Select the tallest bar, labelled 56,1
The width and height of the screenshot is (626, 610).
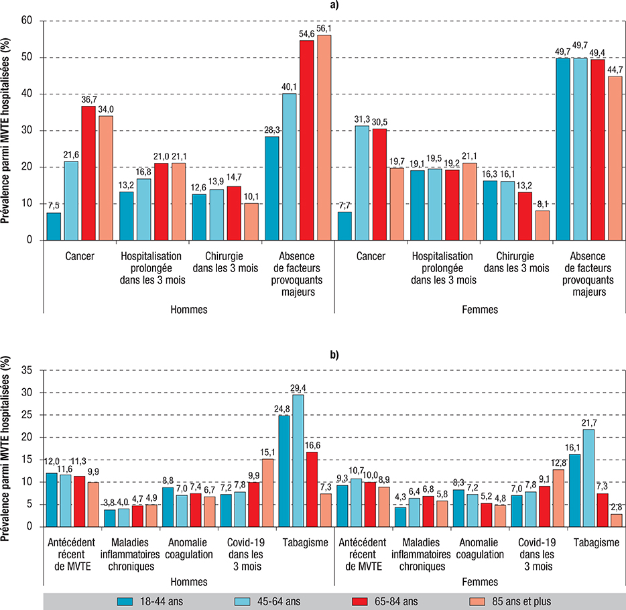click(x=324, y=137)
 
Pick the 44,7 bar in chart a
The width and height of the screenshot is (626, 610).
click(x=615, y=158)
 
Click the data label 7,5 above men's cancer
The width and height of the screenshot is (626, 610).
click(x=54, y=206)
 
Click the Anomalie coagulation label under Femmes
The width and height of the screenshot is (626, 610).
click(x=480, y=549)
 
